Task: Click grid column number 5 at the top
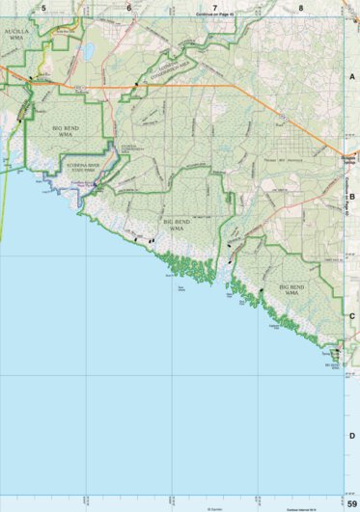coord(43,7)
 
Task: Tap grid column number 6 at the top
coord(128,7)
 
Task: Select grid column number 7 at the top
coord(214,7)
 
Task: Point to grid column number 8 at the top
coord(300,7)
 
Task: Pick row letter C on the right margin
coord(352,314)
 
